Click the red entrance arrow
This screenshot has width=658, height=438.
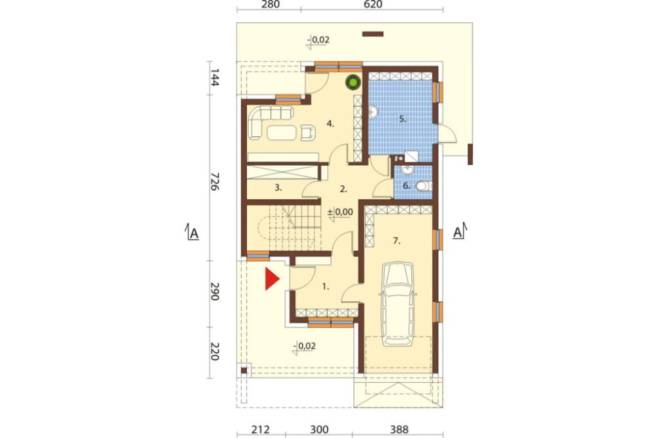click(x=272, y=280)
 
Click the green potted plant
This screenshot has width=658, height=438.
click(x=353, y=82)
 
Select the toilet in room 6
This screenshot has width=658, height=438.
click(x=424, y=186)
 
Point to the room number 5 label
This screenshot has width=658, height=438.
click(x=403, y=119)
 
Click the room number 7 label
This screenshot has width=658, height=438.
click(x=397, y=241)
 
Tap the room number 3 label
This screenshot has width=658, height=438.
click(x=278, y=187)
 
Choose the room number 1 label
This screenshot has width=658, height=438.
click(x=326, y=287)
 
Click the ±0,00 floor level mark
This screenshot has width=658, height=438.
click(x=340, y=212)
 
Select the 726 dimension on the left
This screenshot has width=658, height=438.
click(x=215, y=182)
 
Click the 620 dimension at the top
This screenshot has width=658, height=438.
click(x=372, y=5)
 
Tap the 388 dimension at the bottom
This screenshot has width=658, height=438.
click(x=399, y=429)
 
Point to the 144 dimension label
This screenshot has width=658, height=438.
click(x=214, y=77)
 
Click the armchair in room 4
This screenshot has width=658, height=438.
click(x=307, y=132)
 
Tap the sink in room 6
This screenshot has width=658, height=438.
click(x=407, y=169)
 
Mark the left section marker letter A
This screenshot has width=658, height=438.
click(x=193, y=233)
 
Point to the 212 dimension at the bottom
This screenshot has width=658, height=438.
click(x=261, y=429)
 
